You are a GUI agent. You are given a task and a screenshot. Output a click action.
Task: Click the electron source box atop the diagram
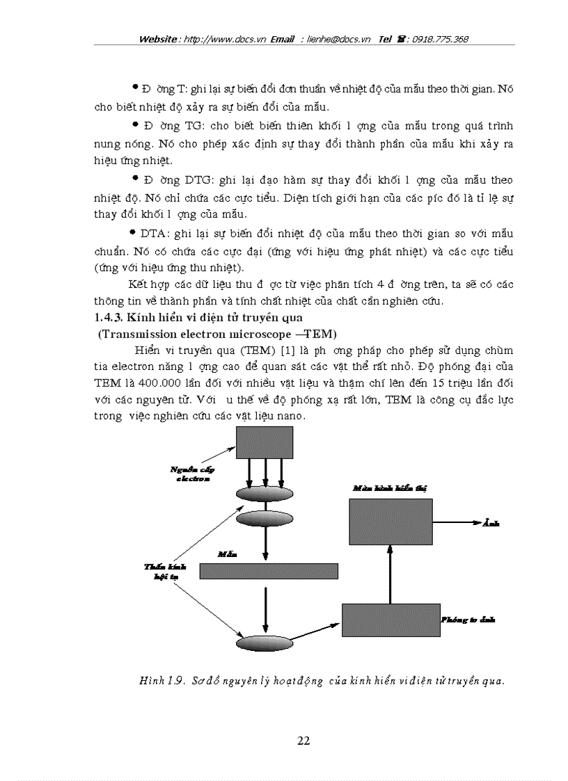(x=265, y=442)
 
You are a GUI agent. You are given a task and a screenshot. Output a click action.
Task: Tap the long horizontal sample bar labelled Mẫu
(x=269, y=571)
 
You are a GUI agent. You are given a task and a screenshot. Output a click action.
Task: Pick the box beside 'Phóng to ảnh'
(x=390, y=619)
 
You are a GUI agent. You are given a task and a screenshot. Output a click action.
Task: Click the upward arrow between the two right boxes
(x=390, y=574)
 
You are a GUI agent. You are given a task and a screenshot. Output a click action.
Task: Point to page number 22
(x=303, y=741)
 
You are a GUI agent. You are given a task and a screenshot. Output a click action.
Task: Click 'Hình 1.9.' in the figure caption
(x=160, y=682)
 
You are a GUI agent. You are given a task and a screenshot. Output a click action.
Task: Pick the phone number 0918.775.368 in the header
(x=440, y=40)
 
